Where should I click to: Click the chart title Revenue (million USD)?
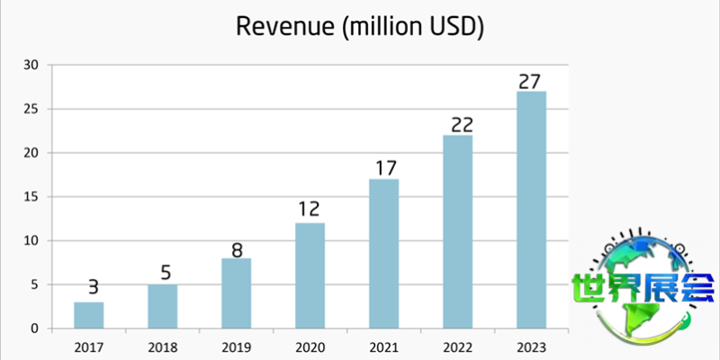[x=360, y=27]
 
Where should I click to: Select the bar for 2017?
[x=89, y=315]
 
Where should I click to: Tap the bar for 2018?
[x=163, y=306]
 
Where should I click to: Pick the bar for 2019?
[x=237, y=293]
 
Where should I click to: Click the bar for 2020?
[x=310, y=275]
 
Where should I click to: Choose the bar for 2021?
[x=384, y=254]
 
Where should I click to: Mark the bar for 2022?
[x=457, y=231]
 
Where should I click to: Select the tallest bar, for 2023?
[x=531, y=210]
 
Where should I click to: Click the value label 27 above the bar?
[x=531, y=81]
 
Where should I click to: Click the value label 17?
[x=384, y=168]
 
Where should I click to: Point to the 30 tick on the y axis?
[x=31, y=65]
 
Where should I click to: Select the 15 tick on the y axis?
[x=31, y=196]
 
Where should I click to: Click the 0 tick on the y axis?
[x=35, y=328]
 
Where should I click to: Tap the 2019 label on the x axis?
[x=237, y=346]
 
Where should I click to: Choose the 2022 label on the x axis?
[x=457, y=346]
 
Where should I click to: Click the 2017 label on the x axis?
[x=89, y=346]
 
